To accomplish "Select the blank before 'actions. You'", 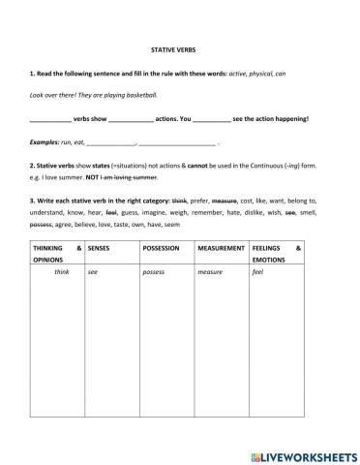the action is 132,120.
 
